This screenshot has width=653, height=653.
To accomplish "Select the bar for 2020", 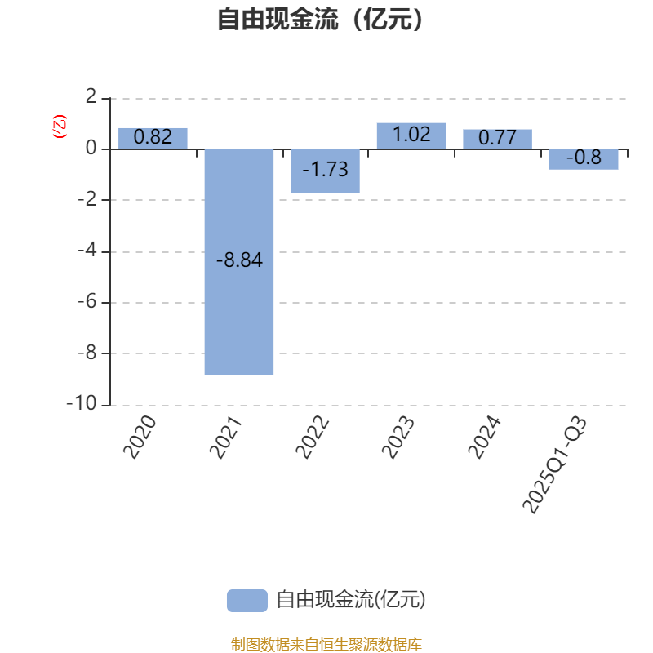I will click(153, 139).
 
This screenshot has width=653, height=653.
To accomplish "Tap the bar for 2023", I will click(411, 135).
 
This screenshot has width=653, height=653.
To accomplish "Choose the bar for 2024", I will click(497, 139).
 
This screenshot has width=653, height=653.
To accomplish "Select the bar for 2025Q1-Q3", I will click(584, 159).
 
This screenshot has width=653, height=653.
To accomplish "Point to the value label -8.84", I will click(239, 261).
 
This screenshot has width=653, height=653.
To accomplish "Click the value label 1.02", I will click(411, 135).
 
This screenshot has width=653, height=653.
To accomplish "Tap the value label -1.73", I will click(325, 170).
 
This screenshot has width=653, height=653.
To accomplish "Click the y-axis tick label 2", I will click(91, 98).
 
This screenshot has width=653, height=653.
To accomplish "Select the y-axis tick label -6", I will click(87, 302).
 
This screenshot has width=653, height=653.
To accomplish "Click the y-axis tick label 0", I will click(91, 149).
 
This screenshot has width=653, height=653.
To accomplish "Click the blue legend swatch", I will click(247, 600).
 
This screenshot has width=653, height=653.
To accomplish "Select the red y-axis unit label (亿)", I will click(59, 127).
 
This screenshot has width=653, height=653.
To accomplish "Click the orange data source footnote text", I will click(326, 645).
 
